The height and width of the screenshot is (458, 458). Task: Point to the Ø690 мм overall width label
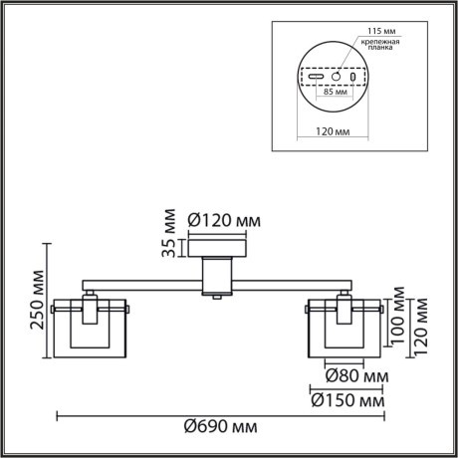point(220,427)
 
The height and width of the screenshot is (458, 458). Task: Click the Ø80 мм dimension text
point(356,377)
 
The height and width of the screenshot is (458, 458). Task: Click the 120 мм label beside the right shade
point(421,317)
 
